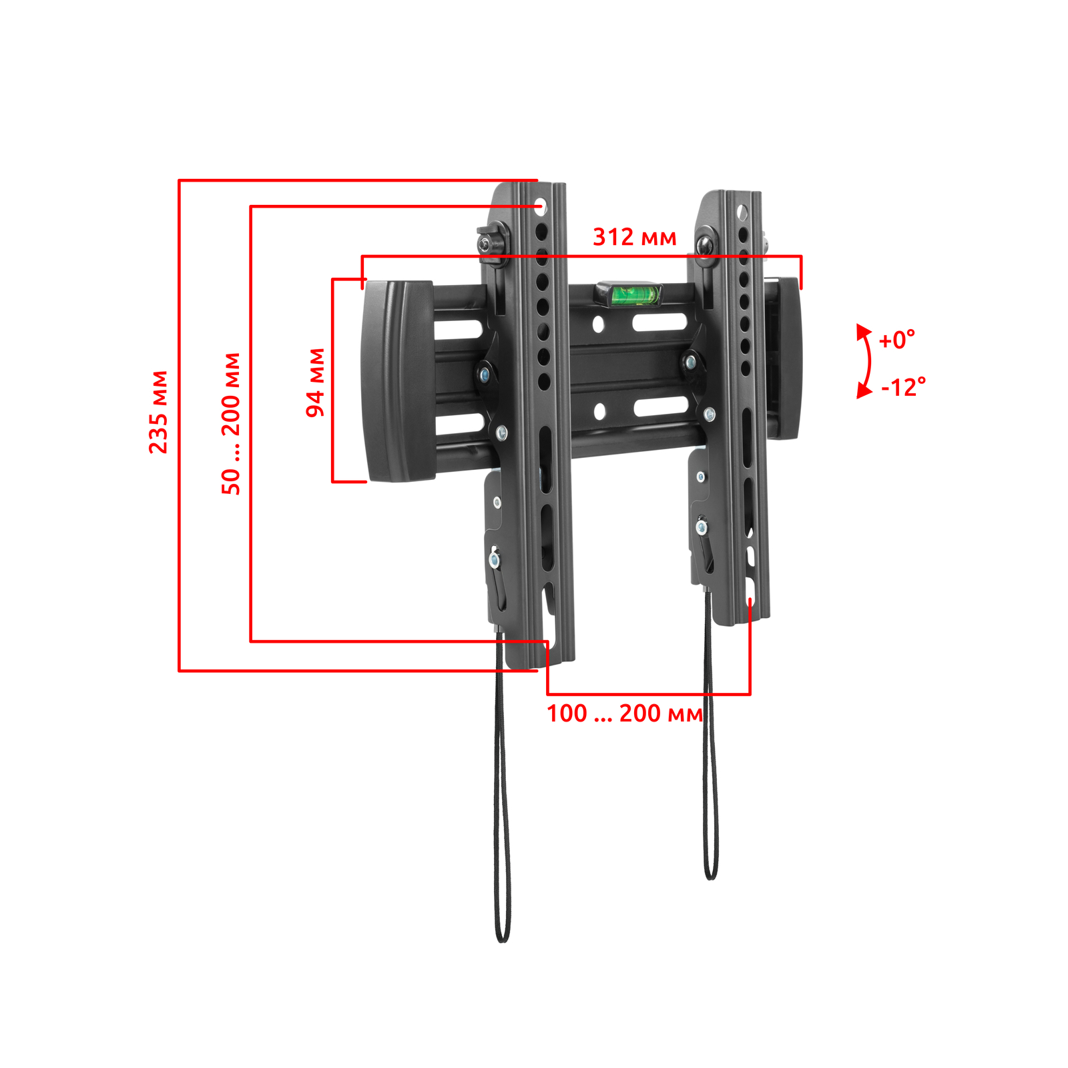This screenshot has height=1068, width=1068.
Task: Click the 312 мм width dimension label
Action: pyautogui.click(x=635, y=237)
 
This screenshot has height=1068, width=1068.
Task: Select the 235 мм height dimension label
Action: pyautogui.click(x=158, y=413)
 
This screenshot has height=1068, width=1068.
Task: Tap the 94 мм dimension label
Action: pyautogui.click(x=315, y=382)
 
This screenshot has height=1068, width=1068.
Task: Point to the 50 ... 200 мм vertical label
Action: pyautogui.click(x=231, y=424)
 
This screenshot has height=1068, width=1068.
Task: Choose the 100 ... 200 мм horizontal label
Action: pyautogui.click(x=625, y=714)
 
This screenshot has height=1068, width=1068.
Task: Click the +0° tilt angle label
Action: pyautogui.click(x=896, y=340)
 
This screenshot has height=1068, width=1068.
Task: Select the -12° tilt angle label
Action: pyautogui.click(x=903, y=387)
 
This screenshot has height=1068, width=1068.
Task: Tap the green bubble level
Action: pyautogui.click(x=628, y=294)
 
